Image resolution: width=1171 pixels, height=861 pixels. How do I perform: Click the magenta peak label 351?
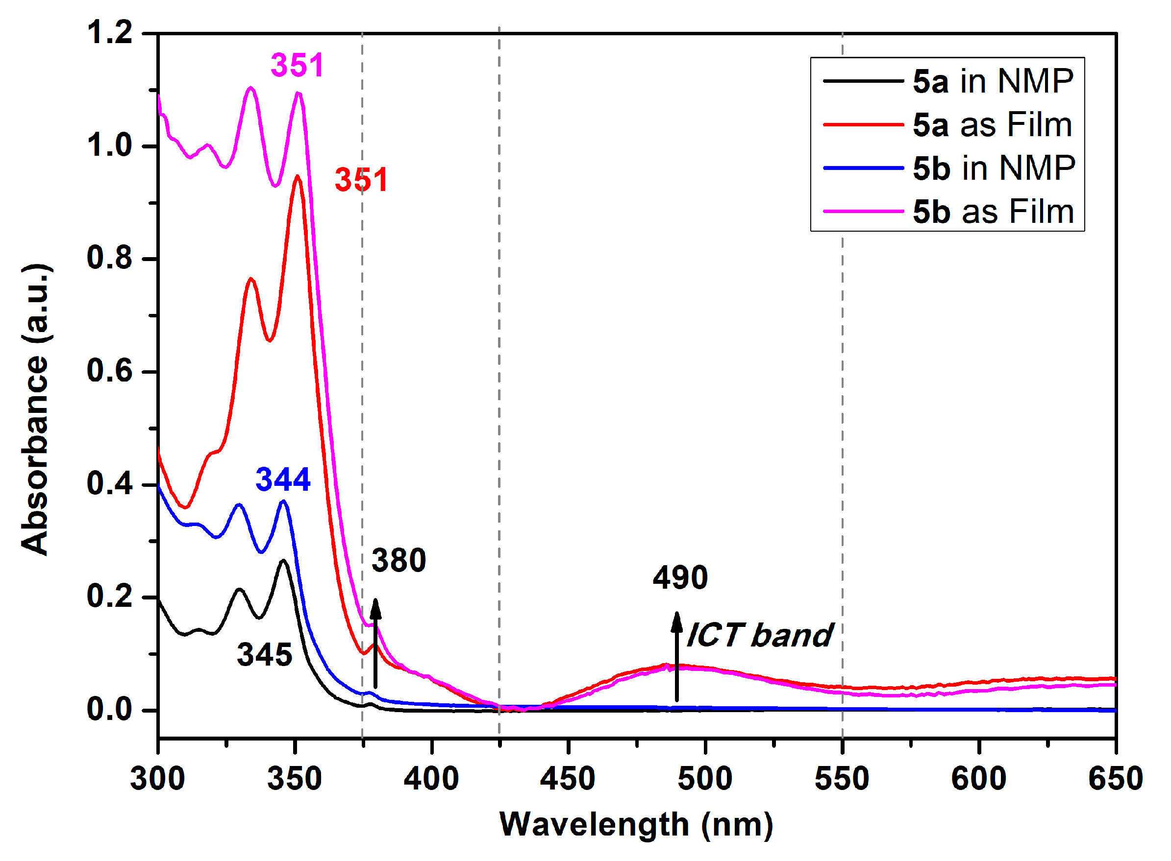point(297,66)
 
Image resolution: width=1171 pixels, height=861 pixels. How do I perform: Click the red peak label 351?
point(361,180)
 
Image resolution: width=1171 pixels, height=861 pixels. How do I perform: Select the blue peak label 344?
point(283,479)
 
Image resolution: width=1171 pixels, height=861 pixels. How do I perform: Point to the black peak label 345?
point(265,655)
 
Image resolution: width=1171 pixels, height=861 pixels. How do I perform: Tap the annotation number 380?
point(399,561)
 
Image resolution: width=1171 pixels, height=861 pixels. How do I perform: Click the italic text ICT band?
point(759,635)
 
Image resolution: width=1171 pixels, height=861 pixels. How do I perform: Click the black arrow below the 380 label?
point(375,644)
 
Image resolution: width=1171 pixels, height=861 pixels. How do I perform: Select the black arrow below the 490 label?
point(676,657)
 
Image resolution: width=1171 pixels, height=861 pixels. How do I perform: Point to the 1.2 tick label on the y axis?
point(109,32)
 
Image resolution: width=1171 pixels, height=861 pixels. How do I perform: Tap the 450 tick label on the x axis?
point(568,779)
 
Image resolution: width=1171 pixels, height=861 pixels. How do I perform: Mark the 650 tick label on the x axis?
point(1115,779)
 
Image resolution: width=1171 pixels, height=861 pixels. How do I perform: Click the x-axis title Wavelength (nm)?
point(636,825)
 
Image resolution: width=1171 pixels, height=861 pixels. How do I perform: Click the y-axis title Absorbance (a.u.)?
point(35,409)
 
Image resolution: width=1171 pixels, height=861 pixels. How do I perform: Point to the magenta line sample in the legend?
point(863,212)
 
